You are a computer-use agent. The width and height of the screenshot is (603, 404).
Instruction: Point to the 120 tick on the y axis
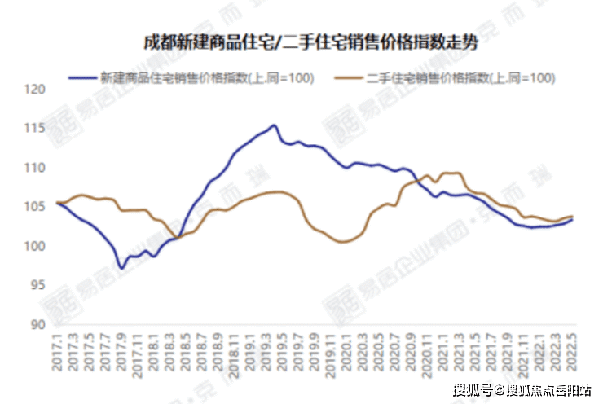click(35, 90)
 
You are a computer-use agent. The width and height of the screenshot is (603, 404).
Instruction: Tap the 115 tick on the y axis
click(35, 129)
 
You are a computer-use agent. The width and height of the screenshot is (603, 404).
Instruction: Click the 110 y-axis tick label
click(35, 168)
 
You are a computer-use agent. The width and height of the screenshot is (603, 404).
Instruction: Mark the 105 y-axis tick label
click(35, 207)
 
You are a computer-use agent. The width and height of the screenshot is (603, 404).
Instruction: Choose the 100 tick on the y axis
click(35, 246)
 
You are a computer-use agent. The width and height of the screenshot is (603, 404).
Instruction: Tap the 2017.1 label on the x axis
click(57, 351)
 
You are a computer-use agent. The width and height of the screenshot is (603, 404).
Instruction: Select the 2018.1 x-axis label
click(154, 351)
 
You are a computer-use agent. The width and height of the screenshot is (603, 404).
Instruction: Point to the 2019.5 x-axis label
click(283, 351)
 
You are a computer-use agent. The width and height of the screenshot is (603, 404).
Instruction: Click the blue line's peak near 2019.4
click(274, 125)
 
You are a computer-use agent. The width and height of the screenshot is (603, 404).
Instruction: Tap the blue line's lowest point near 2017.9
click(121, 268)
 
